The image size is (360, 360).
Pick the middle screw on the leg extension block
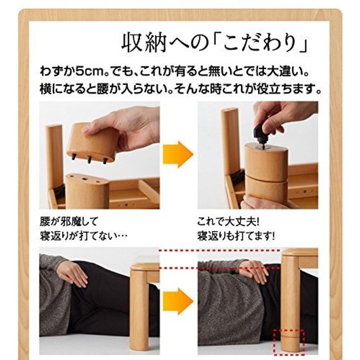point(90,158)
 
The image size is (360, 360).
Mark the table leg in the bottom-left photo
point(139,310)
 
